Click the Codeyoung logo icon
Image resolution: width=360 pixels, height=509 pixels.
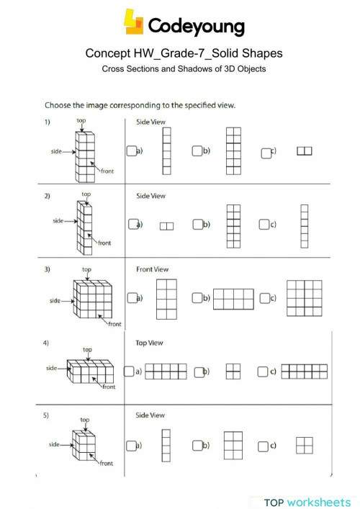point(135,22)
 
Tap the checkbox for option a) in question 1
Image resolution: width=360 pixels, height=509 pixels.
point(131,151)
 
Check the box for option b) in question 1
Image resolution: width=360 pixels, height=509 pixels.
point(197,151)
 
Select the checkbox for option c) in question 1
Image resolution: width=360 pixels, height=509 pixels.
point(266,151)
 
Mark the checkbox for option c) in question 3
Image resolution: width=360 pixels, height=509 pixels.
point(266,298)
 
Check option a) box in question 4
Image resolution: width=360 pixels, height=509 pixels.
point(128,371)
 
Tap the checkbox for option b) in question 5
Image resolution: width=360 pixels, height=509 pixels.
point(197,446)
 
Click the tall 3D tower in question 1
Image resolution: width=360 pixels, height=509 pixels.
point(85,155)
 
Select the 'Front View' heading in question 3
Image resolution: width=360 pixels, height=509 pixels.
point(152,269)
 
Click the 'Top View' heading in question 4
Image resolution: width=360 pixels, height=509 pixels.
point(150,343)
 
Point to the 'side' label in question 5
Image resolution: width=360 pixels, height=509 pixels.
point(55,444)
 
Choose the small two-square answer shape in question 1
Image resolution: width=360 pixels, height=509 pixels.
point(305,151)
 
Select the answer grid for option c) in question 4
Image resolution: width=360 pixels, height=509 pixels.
point(304,371)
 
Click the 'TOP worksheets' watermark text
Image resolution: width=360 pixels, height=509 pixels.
point(307,501)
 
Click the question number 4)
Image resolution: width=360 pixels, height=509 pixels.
point(47,343)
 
